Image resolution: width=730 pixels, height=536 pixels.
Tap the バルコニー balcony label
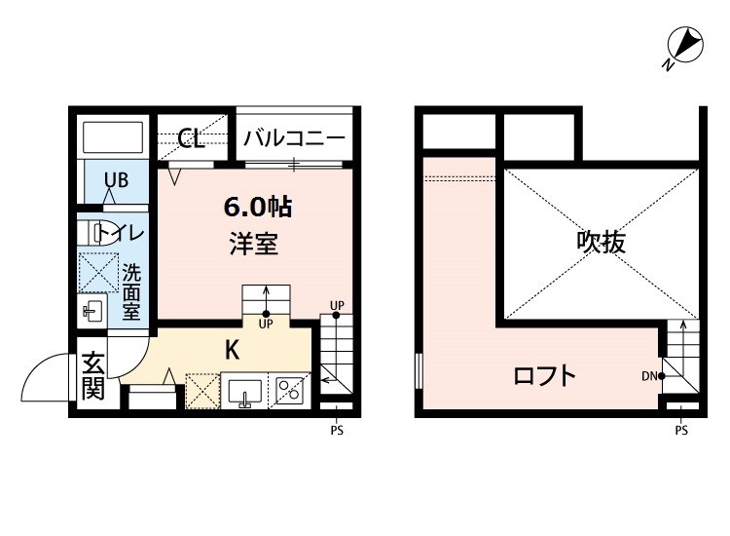click(294, 138)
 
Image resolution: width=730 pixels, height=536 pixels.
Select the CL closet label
click(191, 138)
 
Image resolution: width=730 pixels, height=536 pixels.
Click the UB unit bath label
click(116, 180)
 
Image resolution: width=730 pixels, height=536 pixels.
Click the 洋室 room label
click(254, 244)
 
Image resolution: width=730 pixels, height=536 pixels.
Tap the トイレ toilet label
click(122, 233)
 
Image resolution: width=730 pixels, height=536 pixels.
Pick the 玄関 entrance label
click(93, 376)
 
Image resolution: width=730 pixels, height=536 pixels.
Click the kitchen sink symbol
click(244, 391)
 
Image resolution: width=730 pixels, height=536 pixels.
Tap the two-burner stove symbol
click(289, 391)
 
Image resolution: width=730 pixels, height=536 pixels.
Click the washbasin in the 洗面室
click(92, 311)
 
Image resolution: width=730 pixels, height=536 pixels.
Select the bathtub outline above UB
click(112, 135)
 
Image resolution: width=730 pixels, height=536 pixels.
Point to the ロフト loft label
click(545, 376)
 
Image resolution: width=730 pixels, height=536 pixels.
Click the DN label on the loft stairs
click(649, 376)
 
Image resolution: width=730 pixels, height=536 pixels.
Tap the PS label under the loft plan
click(681, 430)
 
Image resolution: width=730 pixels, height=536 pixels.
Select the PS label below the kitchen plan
click(337, 430)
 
